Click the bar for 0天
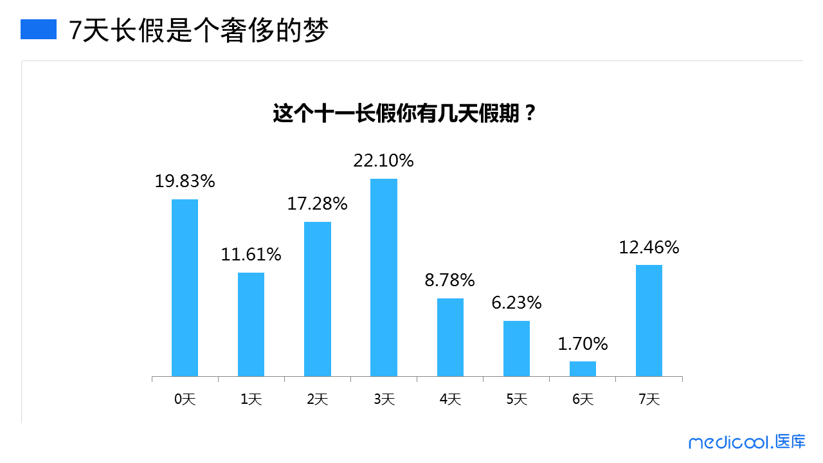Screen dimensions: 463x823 point(185,287)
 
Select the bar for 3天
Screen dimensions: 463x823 point(384,277)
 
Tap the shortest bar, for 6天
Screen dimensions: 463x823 point(583,368)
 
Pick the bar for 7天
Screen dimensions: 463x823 point(649,320)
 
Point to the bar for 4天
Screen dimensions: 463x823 point(450,337)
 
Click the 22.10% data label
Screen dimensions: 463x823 point(383,161)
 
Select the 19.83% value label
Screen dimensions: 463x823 point(185,181)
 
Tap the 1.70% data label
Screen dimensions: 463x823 point(583,344)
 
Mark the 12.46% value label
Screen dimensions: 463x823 point(649,248)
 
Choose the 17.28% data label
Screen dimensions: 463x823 point(317,204)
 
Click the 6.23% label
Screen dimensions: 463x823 point(516,303)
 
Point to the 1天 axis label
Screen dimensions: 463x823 point(251,399)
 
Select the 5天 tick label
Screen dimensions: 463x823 point(516,399)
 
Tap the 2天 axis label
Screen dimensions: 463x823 point(317,399)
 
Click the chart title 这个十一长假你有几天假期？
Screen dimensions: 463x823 point(404,114)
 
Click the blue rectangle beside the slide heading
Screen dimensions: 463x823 point(39,29)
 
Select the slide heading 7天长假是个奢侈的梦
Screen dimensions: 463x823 point(199,30)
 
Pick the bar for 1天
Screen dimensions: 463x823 point(251,324)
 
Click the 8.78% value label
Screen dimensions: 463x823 point(450,280)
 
